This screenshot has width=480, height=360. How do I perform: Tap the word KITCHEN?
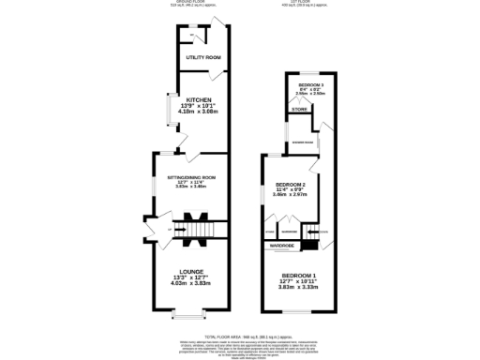tap(198, 99)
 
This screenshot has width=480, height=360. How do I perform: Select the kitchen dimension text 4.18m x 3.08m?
tap(198, 112)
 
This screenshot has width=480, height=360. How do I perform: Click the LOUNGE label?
tap(192, 271)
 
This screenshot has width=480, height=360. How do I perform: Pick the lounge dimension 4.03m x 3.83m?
tap(192, 285)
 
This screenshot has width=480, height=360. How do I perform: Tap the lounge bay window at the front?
tap(192, 315)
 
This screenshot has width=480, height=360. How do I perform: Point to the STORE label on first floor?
tap(299, 110)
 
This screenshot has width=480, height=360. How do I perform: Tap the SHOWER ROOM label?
tap(302, 142)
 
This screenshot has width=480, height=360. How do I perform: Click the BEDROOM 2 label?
tap(291, 184)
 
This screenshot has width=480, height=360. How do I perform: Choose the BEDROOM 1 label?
tap(298, 273)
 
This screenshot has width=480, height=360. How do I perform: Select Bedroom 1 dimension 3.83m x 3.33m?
tap(298, 287)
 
